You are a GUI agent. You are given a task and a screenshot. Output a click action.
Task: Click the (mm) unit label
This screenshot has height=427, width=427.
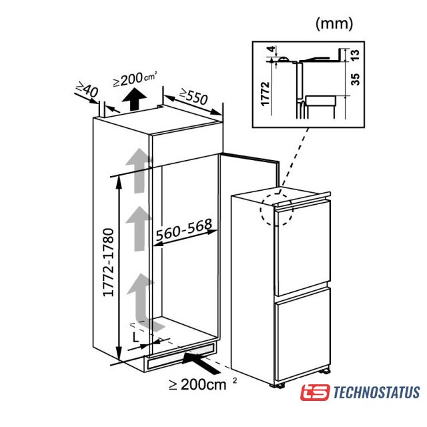point(333,23)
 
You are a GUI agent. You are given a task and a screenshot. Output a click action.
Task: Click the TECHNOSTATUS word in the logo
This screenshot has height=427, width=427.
point(377,393)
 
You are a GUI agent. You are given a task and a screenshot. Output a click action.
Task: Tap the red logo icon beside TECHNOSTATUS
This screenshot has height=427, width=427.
point(316,393)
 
